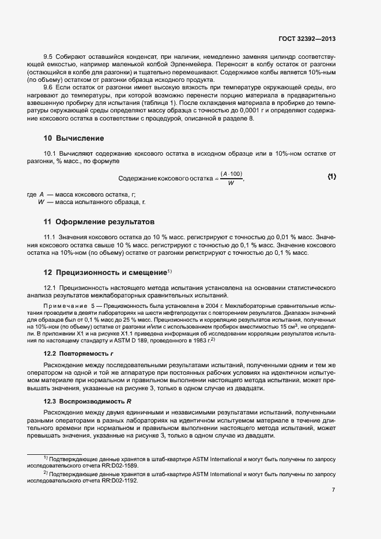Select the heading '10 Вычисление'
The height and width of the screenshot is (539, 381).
(x=74, y=138)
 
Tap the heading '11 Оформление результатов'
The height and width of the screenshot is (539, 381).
(x=99, y=222)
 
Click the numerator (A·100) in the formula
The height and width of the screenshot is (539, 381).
(x=231, y=174)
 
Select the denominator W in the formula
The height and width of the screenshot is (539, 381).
(x=231, y=183)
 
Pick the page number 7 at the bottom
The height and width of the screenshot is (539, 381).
(x=334, y=490)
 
